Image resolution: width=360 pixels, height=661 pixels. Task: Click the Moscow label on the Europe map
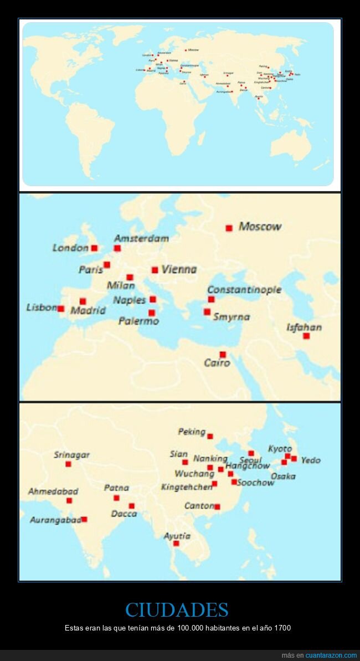260,226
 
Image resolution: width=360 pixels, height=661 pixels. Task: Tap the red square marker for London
94,248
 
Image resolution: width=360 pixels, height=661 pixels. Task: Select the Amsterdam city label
141,238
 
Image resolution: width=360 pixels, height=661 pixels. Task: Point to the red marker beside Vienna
155,270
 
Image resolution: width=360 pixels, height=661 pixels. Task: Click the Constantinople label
244,290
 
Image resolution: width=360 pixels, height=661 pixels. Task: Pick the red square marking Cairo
223,355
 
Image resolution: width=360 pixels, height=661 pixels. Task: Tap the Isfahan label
304,327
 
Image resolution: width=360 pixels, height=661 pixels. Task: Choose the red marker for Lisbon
61,309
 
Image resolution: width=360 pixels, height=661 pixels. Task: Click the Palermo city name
138,321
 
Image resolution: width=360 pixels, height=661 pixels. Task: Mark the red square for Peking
210,436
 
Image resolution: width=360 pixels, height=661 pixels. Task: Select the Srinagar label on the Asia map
71,455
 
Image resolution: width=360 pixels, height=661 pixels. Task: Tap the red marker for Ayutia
176,544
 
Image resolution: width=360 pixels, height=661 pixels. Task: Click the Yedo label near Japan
311,460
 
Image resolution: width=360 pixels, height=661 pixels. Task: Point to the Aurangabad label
55,520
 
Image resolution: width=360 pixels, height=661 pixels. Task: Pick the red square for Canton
217,507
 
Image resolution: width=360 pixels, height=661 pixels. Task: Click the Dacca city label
124,514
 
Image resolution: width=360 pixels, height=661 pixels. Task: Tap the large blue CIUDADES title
177,610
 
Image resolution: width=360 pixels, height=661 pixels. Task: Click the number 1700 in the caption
282,628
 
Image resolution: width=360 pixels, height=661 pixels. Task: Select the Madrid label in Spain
88,310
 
